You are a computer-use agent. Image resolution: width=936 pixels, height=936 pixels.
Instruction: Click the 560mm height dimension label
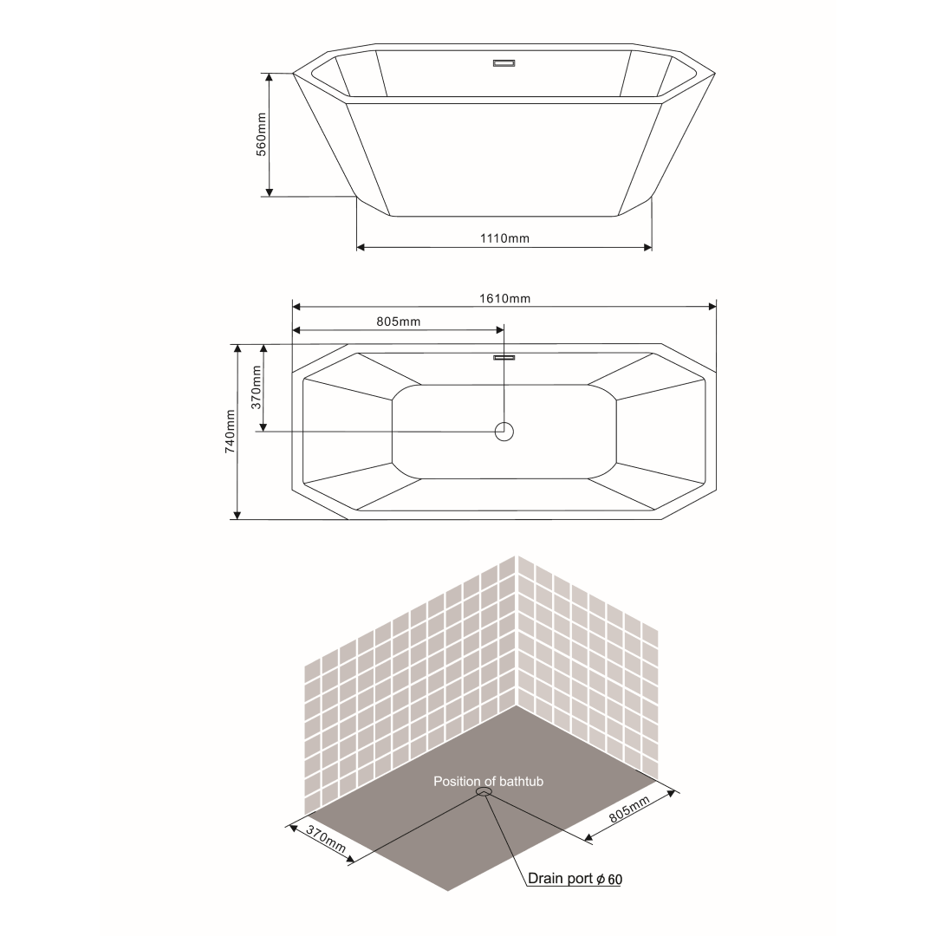click(262, 134)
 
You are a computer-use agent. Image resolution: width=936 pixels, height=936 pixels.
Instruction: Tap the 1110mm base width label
click(504, 238)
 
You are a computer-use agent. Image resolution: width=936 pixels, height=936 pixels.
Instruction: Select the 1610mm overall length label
click(505, 298)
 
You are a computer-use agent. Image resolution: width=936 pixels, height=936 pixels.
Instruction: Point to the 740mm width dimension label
click(230, 431)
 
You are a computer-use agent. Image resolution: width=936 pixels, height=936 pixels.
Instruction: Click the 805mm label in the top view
click(398, 322)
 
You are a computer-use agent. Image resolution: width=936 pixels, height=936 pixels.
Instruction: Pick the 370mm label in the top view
click(256, 387)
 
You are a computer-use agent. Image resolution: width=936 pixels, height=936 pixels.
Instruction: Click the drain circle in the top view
click(504, 432)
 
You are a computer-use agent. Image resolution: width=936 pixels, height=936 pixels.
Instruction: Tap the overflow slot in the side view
click(504, 63)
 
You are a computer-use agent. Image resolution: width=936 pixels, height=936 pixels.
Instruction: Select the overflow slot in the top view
click(504, 358)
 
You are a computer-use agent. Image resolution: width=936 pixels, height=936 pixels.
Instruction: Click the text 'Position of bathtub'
click(488, 782)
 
